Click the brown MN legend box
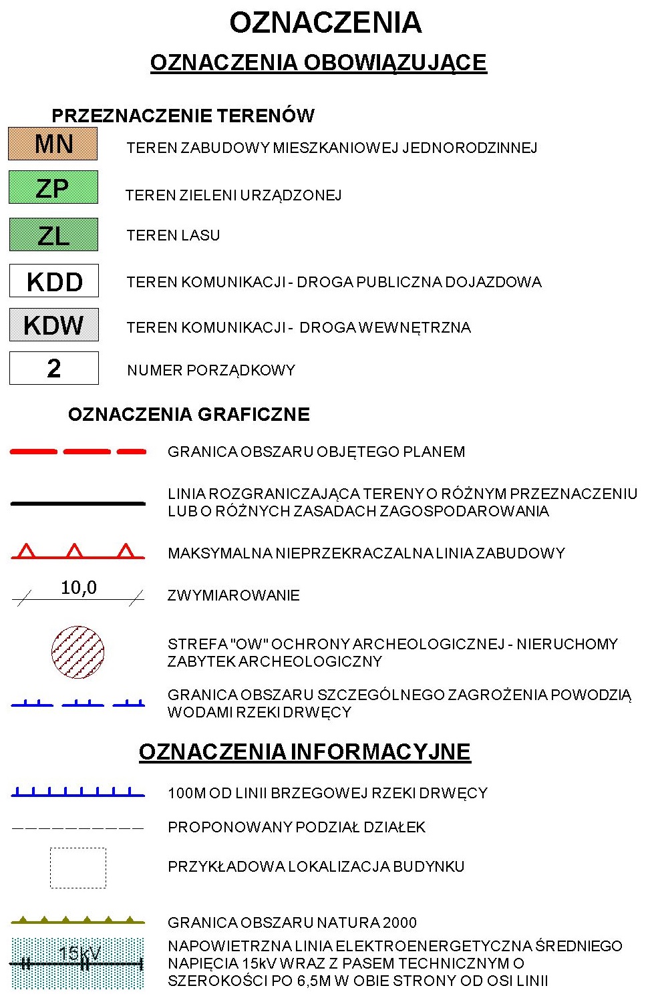(53, 144)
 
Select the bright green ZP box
(53, 188)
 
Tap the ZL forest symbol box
(53, 235)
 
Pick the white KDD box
(54, 281)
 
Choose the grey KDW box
(54, 325)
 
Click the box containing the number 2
(54, 368)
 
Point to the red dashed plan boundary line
(78, 452)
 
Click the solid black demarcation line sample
(78, 503)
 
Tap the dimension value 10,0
(79, 588)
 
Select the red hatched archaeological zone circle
(78, 652)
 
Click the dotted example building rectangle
(78, 868)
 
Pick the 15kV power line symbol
(78, 963)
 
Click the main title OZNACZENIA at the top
(325, 23)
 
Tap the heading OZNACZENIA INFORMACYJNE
(305, 752)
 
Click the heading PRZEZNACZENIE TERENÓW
(183, 116)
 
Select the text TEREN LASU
(173, 235)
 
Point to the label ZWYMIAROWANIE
(233, 595)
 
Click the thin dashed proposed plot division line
(78, 828)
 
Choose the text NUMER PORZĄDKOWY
(211, 370)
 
